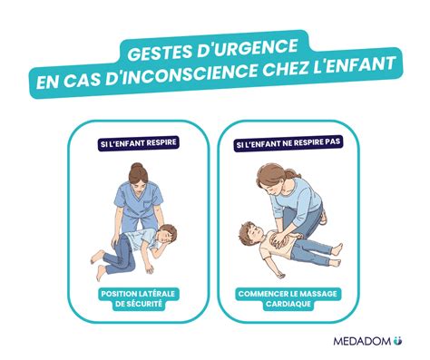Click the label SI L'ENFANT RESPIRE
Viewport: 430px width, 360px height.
pyautogui.click(x=139, y=143)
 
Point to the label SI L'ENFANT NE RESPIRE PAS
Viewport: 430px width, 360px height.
pyautogui.click(x=288, y=143)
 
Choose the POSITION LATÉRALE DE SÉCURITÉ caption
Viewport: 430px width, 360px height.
pyautogui.click(x=138, y=298)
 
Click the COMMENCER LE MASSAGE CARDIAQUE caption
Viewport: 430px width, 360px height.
pyautogui.click(x=288, y=298)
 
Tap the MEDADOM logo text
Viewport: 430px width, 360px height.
pyautogui.click(x=362, y=341)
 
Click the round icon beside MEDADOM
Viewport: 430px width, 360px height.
pyautogui.click(x=397, y=341)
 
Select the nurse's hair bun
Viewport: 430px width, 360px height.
pyautogui.click(x=137, y=166)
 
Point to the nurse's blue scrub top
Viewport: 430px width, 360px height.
pyautogui.click(x=139, y=199)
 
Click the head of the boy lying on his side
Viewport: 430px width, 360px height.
pyautogui.click(x=166, y=235)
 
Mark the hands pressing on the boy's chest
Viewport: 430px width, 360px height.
pyautogui.click(x=279, y=238)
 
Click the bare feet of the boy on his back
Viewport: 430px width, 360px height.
pyautogui.click(x=337, y=256)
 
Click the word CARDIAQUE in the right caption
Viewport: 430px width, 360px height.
pyautogui.click(x=288, y=304)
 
